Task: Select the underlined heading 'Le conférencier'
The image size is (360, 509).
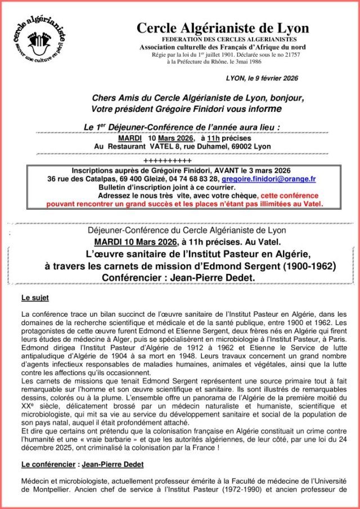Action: [48, 465]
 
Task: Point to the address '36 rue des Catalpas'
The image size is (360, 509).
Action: [79, 179]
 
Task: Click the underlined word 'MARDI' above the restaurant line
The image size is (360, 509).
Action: [130, 138]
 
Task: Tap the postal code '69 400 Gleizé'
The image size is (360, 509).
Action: [138, 179]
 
